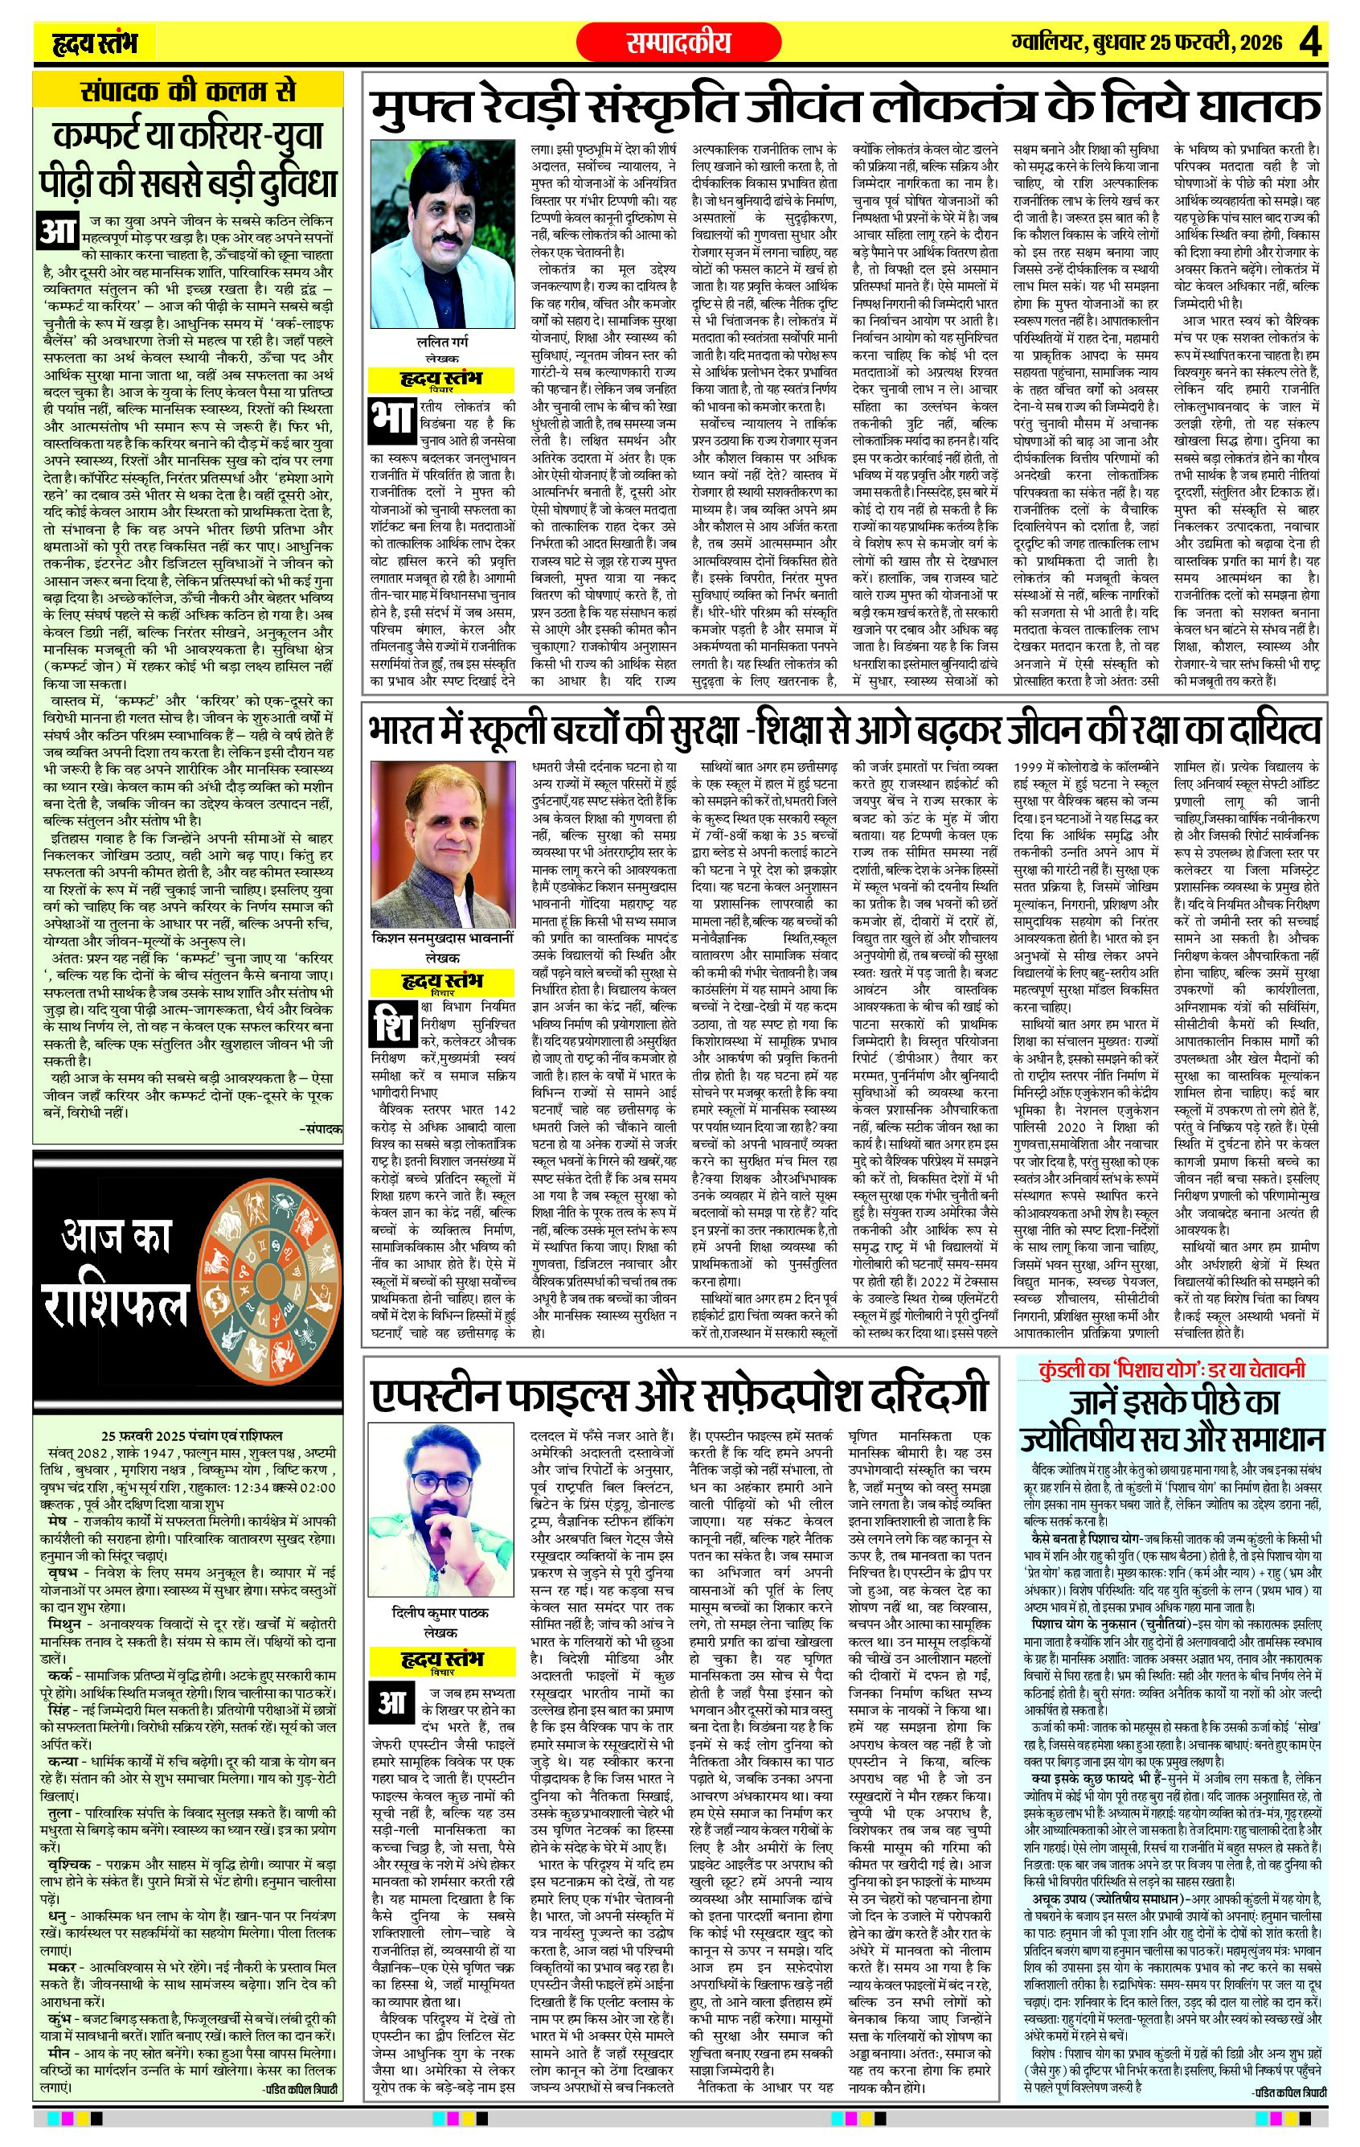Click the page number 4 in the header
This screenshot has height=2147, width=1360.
(x=1313, y=42)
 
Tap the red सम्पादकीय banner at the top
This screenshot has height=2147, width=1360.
(x=679, y=42)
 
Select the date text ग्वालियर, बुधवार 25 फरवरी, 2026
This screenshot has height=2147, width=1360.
(x=1147, y=42)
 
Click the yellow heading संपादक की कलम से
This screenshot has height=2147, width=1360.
(x=187, y=91)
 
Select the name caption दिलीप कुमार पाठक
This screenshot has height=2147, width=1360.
(x=442, y=1613)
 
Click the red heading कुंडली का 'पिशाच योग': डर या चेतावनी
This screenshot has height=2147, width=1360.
(x=1171, y=1369)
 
